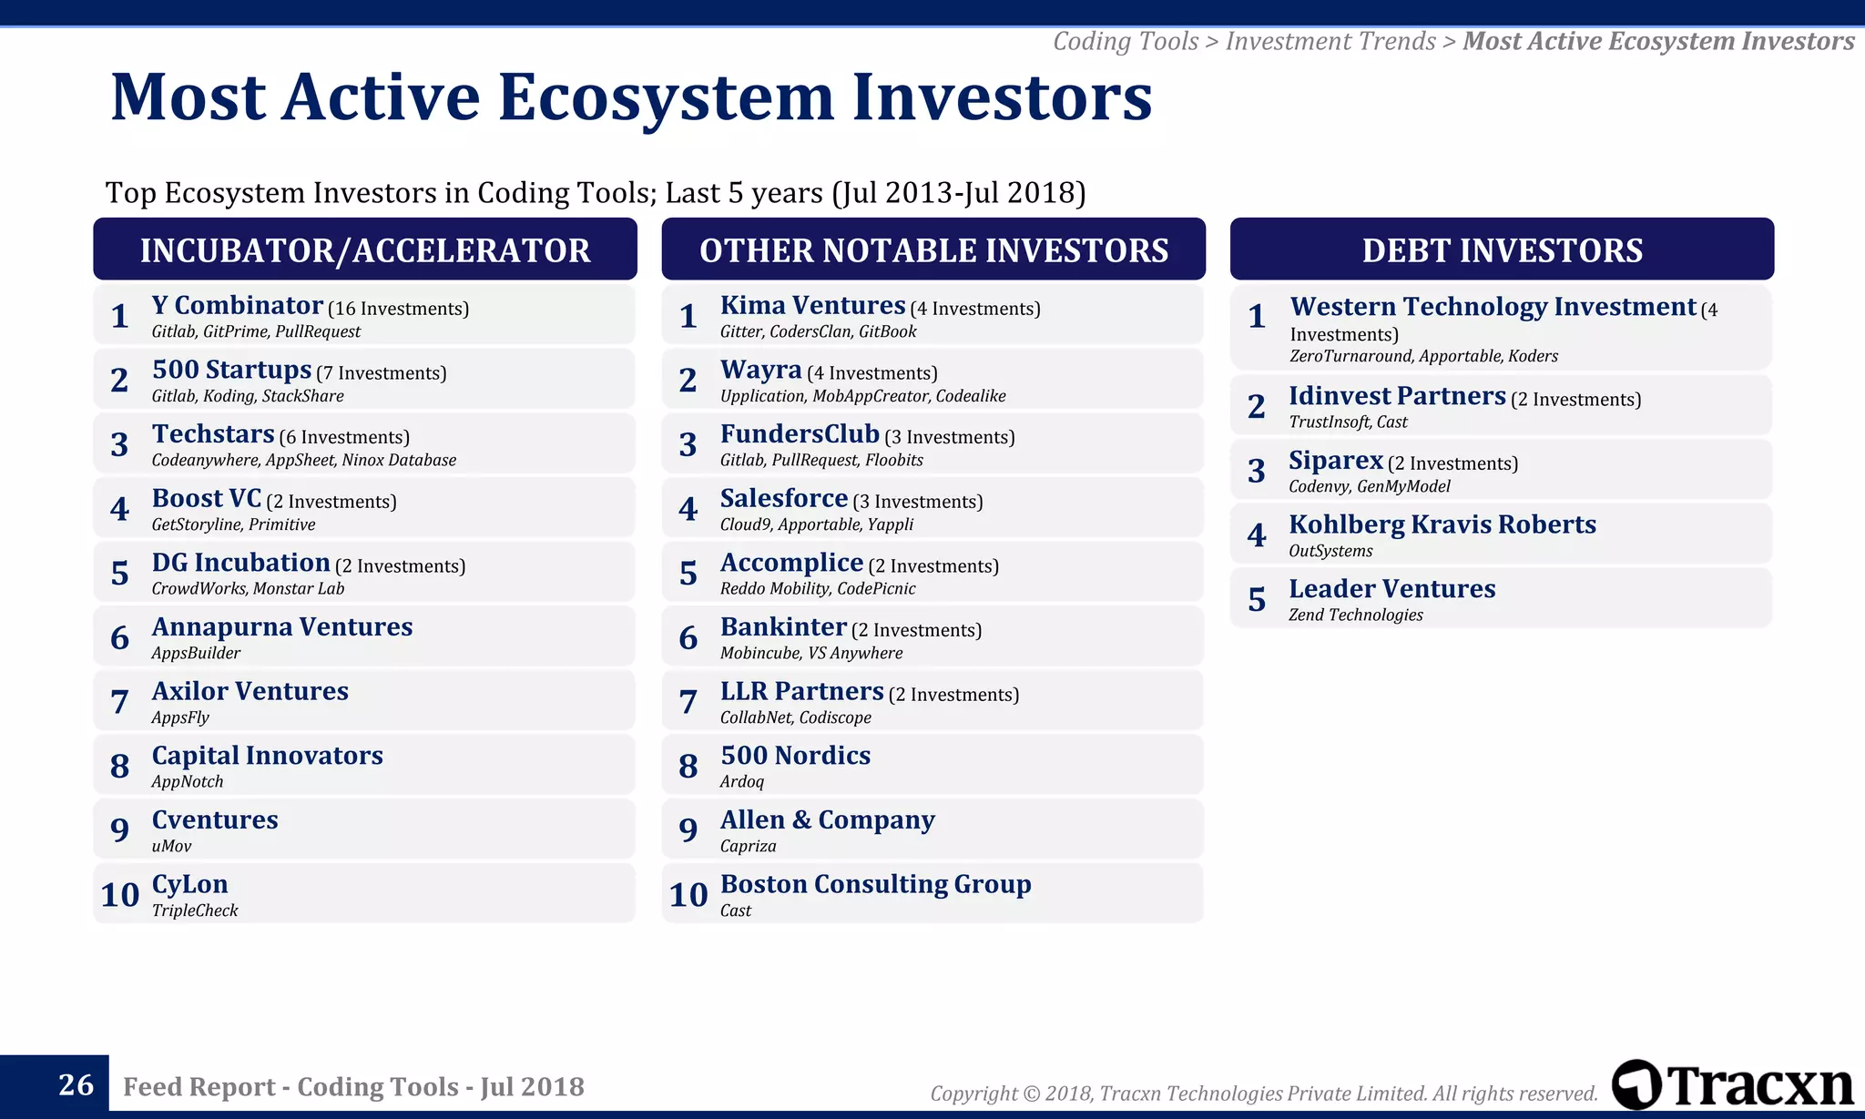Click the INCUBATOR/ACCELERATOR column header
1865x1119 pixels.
(364, 250)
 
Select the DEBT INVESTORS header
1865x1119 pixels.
(1502, 250)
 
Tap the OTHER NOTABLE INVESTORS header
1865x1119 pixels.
(933, 250)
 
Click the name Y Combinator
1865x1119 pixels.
(237, 306)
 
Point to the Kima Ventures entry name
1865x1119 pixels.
(812, 306)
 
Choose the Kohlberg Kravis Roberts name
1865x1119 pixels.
(1442, 524)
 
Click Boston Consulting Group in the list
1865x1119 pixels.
(875, 884)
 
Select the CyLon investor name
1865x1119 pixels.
(189, 884)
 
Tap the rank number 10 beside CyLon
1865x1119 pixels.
(119, 894)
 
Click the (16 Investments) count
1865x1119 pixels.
(398, 310)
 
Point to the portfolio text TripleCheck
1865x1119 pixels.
(195, 910)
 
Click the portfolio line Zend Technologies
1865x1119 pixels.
(1355, 615)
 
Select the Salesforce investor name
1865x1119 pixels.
(783, 499)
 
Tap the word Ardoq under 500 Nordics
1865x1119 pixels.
(742, 782)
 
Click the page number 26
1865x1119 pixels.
(76, 1084)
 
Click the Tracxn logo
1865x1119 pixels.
(1732, 1084)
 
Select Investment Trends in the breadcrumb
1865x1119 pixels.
(1330, 42)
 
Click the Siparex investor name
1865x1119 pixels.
(1335, 461)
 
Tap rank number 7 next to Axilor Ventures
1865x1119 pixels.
(119, 701)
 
